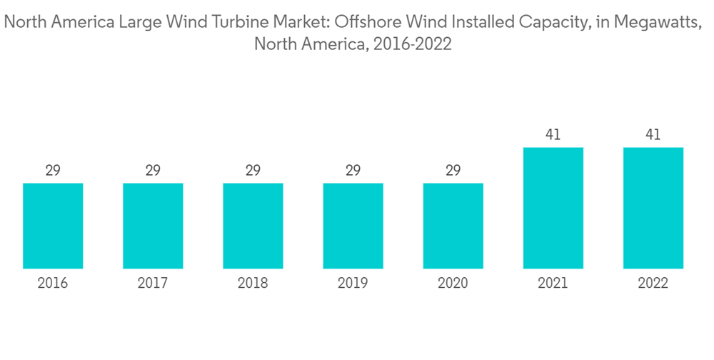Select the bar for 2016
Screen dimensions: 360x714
53,226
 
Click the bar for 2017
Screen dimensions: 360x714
153,226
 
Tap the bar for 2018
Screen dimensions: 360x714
253,226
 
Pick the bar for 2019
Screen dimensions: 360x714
353,226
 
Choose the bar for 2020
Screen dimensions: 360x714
453,226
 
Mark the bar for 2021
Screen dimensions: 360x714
553,209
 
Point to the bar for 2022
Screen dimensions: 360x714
653,209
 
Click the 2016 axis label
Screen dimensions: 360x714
53,284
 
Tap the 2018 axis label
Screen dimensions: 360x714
253,284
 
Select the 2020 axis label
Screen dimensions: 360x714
453,284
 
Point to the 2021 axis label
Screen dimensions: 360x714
553,284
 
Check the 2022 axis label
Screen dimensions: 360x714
653,284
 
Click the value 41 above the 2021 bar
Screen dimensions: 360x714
553,134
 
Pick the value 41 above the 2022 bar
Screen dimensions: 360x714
653,134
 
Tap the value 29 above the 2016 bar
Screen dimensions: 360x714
53,171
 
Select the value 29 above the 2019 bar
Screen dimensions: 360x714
353,171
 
